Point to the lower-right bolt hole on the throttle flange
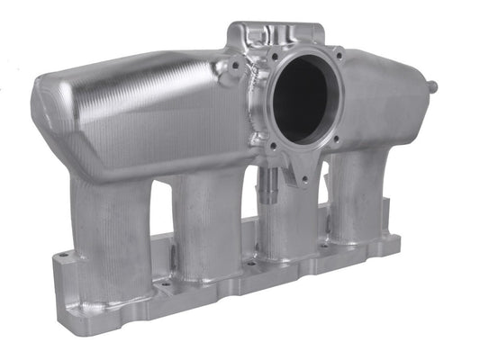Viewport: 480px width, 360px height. pyautogui.click(x=335, y=139)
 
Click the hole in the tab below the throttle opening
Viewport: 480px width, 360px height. pyautogui.click(x=304, y=180)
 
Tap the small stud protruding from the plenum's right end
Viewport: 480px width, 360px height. pyautogui.click(x=434, y=87)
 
